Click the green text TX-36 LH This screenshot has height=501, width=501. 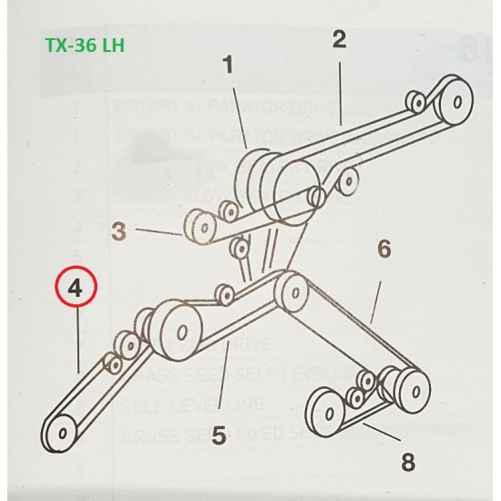(x=87, y=46)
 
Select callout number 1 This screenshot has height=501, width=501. (x=228, y=66)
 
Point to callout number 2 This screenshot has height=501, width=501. (x=339, y=39)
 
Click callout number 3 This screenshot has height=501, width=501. (x=118, y=231)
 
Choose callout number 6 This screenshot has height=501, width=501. (x=383, y=248)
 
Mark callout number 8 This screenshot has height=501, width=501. (x=408, y=463)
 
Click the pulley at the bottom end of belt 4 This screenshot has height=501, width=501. (x=61, y=431)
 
